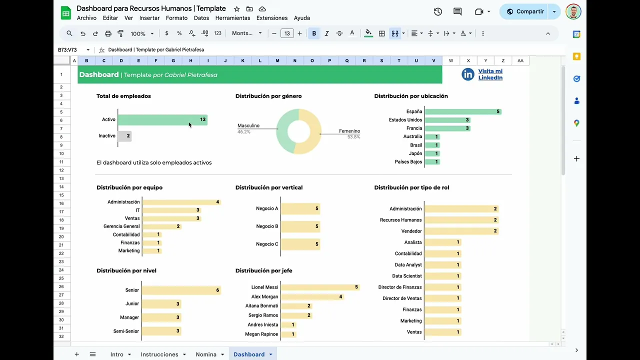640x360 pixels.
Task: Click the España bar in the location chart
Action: pyautogui.click(x=462, y=111)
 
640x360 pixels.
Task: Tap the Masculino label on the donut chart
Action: pyautogui.click(x=248, y=125)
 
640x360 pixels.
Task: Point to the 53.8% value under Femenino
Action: pyautogui.click(x=353, y=136)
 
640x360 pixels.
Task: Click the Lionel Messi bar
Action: pyautogui.click(x=320, y=287)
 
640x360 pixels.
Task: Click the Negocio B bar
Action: pyautogui.click(x=300, y=226)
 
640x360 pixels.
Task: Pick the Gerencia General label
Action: pyautogui.click(x=121, y=226)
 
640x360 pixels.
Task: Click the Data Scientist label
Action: pyautogui.click(x=407, y=276)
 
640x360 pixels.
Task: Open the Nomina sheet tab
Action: pyautogui.click(x=206, y=354)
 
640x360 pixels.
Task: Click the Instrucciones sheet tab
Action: pyautogui.click(x=159, y=354)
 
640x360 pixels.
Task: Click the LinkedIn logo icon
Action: pyautogui.click(x=468, y=74)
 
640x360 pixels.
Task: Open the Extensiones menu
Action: pyautogui.click(x=272, y=18)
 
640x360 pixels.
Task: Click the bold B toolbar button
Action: pyautogui.click(x=314, y=33)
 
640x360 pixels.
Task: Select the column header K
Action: pyautogui.click(x=242, y=61)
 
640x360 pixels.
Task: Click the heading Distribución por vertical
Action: pyautogui.click(x=269, y=187)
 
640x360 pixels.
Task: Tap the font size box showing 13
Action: pyautogui.click(x=287, y=33)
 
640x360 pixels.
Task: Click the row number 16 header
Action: pyautogui.click(x=61, y=203)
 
